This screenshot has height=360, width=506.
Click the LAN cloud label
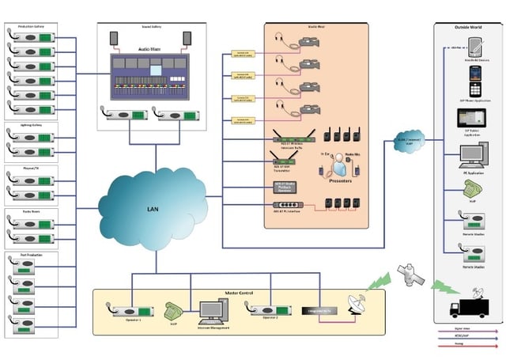pos(154,210)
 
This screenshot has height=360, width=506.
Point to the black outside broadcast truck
pos(472,306)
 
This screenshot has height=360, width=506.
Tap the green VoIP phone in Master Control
pos(172,309)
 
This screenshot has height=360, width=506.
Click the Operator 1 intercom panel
pos(130,311)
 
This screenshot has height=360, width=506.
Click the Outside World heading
pos(469,27)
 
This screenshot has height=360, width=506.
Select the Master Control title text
pos(238,293)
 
